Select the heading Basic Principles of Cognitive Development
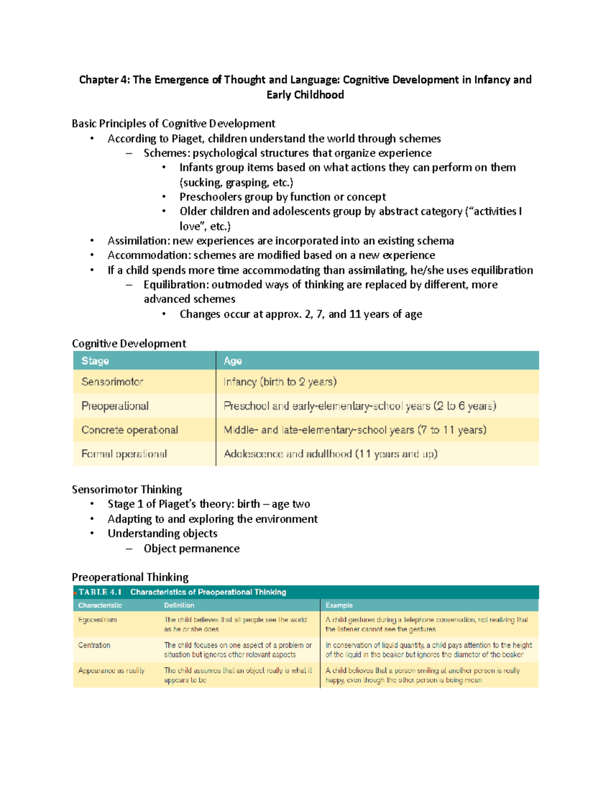(173, 123)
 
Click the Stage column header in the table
(95, 361)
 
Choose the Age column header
(233, 361)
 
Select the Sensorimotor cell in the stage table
(112, 381)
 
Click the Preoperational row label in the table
(115, 406)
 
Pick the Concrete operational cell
(130, 430)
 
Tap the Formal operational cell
(124, 454)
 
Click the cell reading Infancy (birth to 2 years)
(280, 381)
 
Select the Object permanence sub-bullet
(191, 549)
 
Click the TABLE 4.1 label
(100, 592)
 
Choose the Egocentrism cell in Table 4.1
(97, 620)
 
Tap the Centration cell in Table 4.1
(94, 645)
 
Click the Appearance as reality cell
(111, 671)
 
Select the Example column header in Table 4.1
(339, 605)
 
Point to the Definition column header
(179, 605)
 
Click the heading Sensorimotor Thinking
(127, 489)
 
